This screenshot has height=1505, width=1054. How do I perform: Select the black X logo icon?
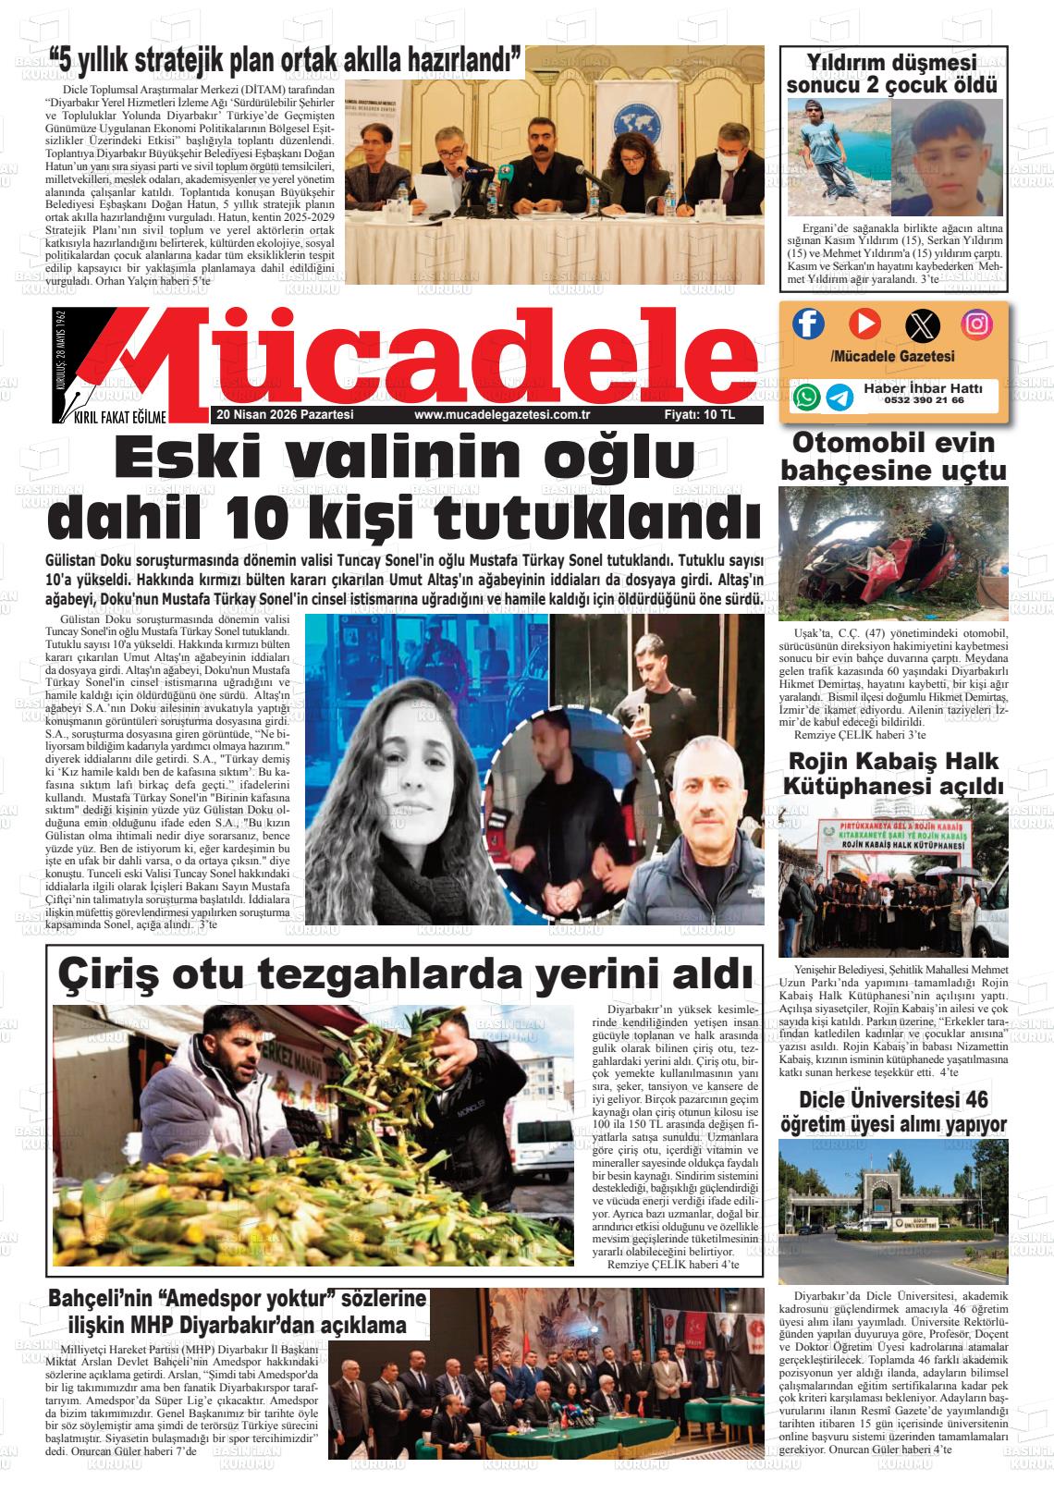tap(921, 324)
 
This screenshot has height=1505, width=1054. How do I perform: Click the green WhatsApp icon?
tap(806, 397)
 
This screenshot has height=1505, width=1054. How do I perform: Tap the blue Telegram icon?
tap(840, 397)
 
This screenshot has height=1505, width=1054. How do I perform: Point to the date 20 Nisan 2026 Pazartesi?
tap(284, 415)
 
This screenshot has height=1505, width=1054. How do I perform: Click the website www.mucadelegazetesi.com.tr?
tap(502, 415)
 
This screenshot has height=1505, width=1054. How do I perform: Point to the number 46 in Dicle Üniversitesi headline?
tap(976, 1100)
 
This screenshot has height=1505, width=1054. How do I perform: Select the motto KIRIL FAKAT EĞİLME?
tap(118, 416)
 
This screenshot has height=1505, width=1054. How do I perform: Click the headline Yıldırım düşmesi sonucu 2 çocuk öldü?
tap(892, 74)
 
